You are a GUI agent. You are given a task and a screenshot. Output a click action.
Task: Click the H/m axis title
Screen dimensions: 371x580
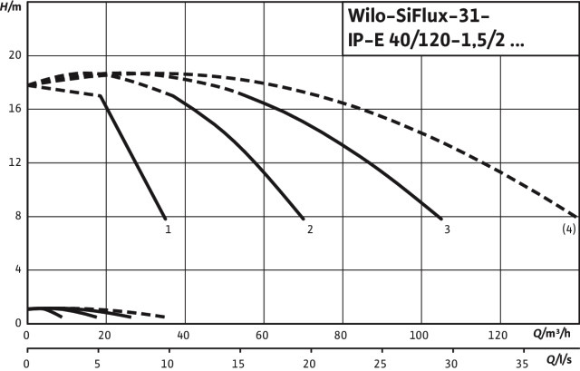pyautogui.click(x=13, y=7)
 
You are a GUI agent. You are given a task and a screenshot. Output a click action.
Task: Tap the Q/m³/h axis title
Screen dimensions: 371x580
pyautogui.click(x=550, y=335)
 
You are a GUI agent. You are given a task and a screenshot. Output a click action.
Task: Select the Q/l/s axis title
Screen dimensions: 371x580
pyautogui.click(x=558, y=363)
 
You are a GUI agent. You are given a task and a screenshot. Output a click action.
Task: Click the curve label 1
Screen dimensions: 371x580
pyautogui.click(x=168, y=229)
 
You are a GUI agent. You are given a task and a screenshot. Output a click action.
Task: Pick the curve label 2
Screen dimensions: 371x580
pyautogui.click(x=310, y=229)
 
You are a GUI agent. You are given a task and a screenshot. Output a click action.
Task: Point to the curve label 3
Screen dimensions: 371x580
pyautogui.click(x=447, y=229)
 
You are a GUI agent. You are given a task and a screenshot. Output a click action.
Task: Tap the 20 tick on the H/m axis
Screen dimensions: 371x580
pyautogui.click(x=14, y=55)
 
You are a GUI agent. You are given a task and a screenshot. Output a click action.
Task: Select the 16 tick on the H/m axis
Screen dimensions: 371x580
pyautogui.click(x=14, y=109)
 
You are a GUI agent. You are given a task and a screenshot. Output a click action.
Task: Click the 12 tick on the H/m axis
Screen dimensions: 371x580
pyautogui.click(x=14, y=162)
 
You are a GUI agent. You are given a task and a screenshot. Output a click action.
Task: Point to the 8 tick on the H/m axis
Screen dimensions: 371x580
pyautogui.click(x=16, y=217)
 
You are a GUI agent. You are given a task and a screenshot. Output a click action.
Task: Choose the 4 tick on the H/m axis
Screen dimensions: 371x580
pyautogui.click(x=16, y=270)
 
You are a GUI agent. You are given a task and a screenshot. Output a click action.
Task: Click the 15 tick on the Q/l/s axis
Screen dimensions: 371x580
pyautogui.click(x=238, y=363)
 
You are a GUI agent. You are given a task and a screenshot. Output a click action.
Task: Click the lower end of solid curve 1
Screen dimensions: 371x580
pyautogui.click(x=166, y=219)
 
